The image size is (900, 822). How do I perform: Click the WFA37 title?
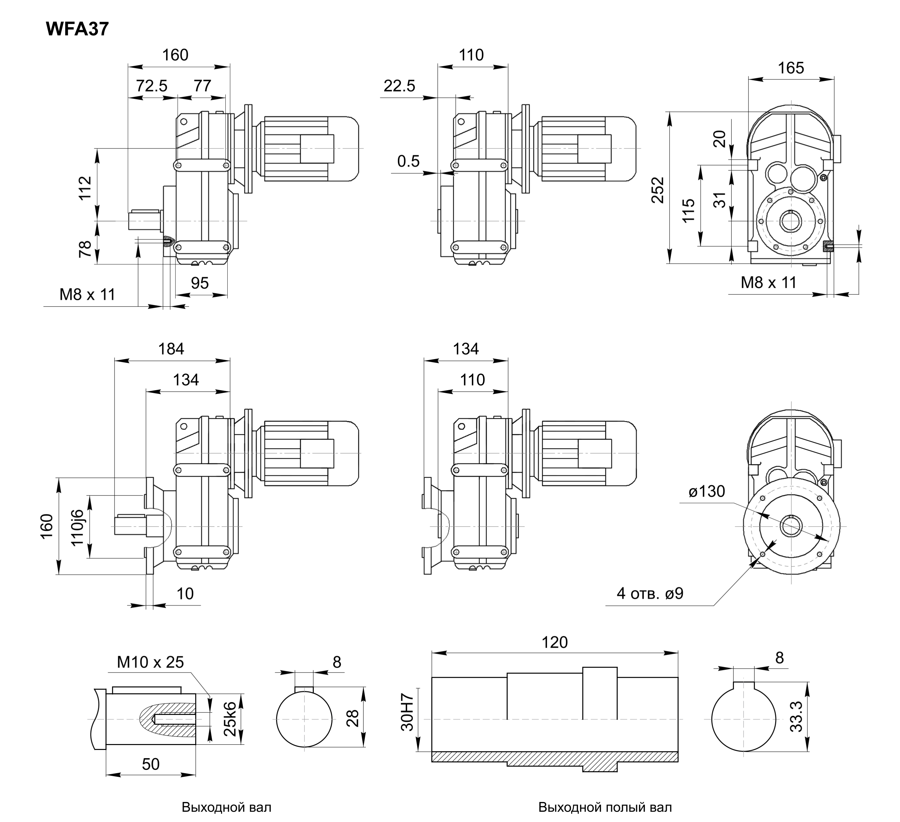point(77,29)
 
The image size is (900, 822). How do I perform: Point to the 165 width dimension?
point(791,68)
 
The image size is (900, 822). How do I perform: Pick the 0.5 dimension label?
point(408,161)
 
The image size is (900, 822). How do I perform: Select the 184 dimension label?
point(171,349)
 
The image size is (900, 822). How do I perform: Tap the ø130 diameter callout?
point(707,491)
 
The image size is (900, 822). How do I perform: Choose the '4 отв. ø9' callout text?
point(650,593)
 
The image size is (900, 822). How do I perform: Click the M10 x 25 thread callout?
point(150,662)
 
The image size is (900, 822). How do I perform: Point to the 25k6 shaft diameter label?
point(229,719)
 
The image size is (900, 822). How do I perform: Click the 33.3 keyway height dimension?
point(796,717)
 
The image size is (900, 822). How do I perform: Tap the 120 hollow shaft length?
point(554,642)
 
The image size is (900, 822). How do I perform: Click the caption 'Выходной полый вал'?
point(605,807)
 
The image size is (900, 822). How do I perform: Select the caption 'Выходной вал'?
point(226,807)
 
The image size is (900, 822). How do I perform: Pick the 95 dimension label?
point(199,283)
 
